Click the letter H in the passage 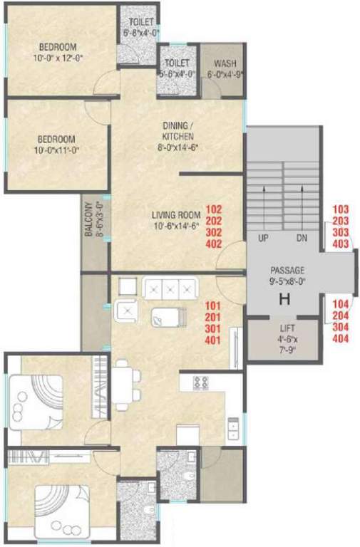point(284,300)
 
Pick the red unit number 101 point(213,306)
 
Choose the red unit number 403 point(341,244)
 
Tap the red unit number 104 point(341,303)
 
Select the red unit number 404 point(341,338)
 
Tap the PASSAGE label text point(287,271)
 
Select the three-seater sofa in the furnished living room point(169,289)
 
